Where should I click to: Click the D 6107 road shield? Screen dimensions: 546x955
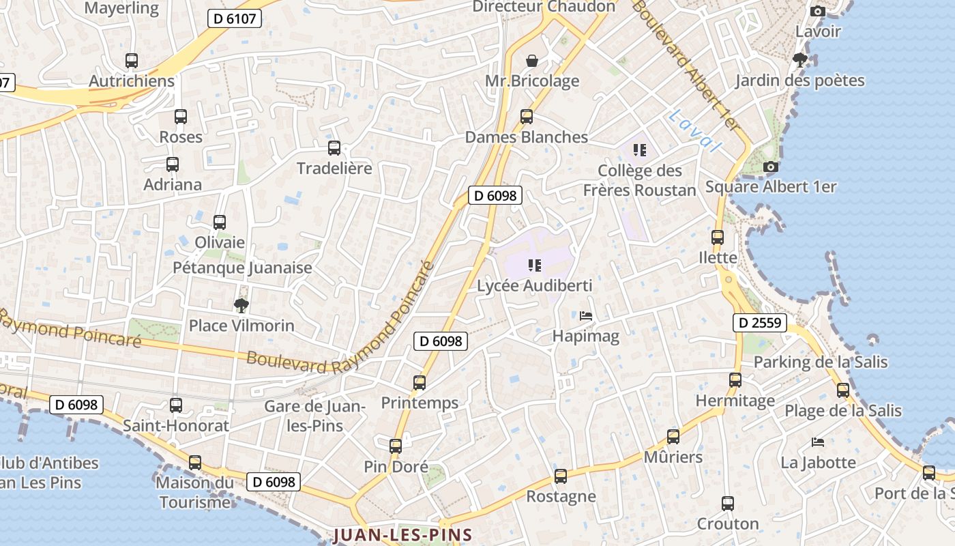point(235,18)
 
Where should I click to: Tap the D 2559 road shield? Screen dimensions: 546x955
point(760,322)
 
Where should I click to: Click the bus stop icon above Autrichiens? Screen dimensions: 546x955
point(132,60)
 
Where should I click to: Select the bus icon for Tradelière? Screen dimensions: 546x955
point(334,147)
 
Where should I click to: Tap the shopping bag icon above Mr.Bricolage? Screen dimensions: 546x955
point(532,60)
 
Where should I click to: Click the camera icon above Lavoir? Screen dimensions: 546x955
point(817,11)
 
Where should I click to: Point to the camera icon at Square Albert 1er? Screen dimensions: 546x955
point(771,167)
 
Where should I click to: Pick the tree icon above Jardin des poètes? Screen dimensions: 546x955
point(799,60)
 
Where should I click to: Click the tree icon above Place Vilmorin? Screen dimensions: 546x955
point(241,305)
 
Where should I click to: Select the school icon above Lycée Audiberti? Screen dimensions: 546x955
point(534,265)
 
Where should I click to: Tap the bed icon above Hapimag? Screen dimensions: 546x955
point(586,316)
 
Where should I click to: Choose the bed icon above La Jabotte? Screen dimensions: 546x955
point(818,442)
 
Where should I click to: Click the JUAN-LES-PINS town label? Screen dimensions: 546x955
point(402,534)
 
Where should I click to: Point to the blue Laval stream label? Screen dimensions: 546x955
point(694,131)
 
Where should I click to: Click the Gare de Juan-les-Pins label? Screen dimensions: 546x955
point(315,416)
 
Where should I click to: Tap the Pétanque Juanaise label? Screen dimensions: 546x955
point(242,268)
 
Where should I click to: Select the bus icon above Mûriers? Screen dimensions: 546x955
point(673,437)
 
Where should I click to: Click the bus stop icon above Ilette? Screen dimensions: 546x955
point(718,238)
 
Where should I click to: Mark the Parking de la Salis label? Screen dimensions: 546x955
point(821,362)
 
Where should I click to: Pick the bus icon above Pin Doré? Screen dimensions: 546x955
point(396,446)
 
